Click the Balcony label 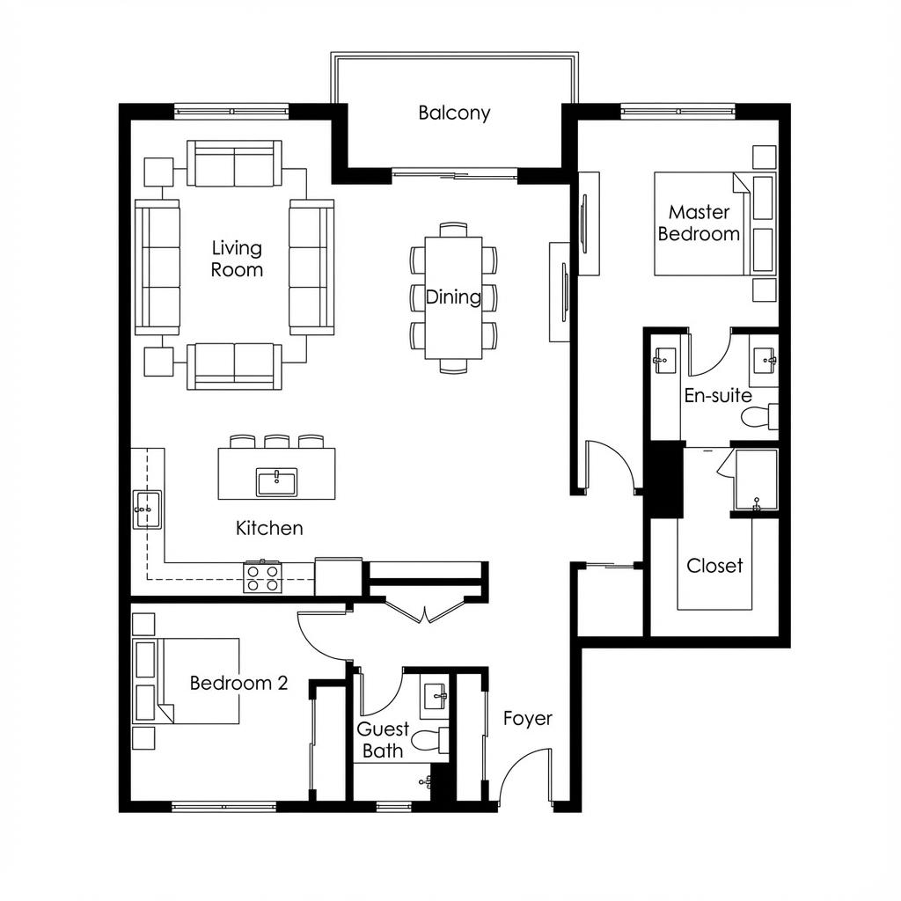(x=454, y=113)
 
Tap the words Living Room (x=237, y=260)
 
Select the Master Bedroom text (x=699, y=223)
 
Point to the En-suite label (x=718, y=396)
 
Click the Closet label (x=714, y=566)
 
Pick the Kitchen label (x=269, y=528)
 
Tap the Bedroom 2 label (x=238, y=683)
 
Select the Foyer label (x=528, y=718)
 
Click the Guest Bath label (x=383, y=740)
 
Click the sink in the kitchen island (x=276, y=481)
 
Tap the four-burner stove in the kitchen (x=262, y=577)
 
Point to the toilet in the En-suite (x=759, y=416)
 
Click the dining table (x=453, y=297)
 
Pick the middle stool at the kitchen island (x=276, y=441)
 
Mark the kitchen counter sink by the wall (x=146, y=509)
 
